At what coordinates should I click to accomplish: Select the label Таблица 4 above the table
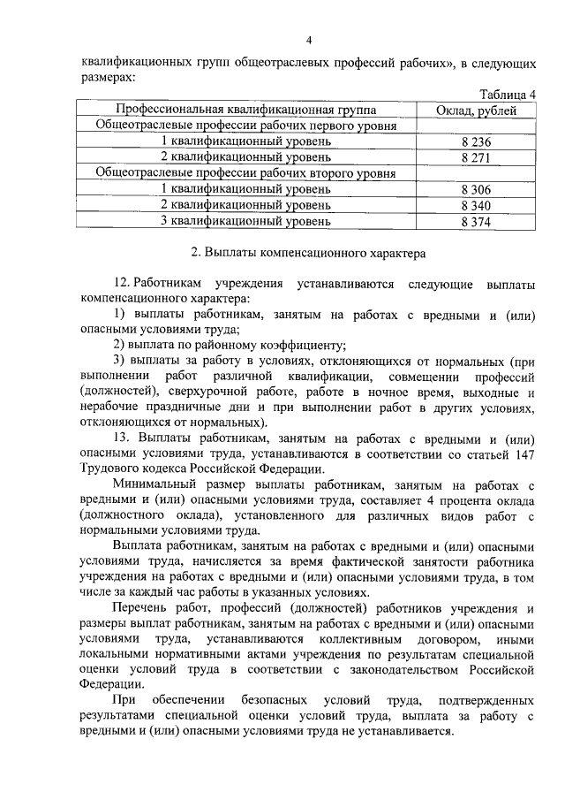tap(507, 95)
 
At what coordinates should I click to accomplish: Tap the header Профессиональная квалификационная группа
tap(246, 110)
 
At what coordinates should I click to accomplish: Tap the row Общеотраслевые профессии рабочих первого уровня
tap(246, 126)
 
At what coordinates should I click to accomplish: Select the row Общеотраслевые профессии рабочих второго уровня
tap(246, 174)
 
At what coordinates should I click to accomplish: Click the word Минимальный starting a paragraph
tap(153, 484)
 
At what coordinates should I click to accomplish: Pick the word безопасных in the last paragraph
tap(270, 699)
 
